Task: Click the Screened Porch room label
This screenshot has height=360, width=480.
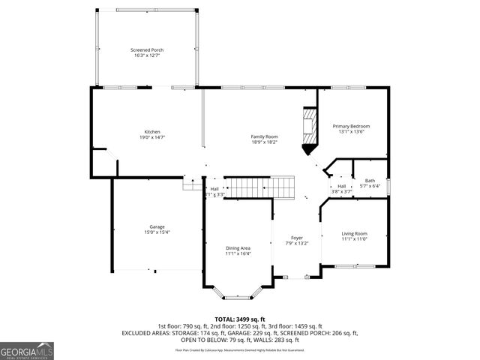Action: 148,49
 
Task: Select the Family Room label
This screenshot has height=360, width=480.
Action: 264,136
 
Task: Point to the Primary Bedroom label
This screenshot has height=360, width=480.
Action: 351,126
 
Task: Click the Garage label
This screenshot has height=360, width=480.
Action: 157,226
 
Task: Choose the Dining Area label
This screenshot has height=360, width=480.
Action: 238,247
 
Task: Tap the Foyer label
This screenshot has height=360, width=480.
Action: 298,238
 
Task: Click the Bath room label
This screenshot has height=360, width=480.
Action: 370,180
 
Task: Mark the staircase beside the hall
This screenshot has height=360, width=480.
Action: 260,187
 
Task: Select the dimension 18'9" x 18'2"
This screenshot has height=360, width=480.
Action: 264,142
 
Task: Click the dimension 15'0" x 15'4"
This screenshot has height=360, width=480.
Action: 157,232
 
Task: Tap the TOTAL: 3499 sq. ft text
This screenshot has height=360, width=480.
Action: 240,319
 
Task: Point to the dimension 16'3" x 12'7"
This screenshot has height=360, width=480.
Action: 148,55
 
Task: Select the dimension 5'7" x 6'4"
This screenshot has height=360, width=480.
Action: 370,186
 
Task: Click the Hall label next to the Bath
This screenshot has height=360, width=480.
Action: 341,186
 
